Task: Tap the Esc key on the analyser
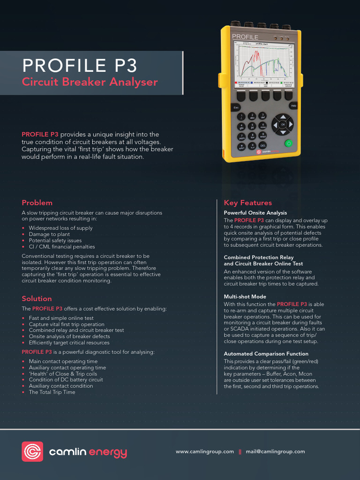click(236, 107)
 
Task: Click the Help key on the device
click(293, 106)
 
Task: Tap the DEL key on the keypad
click(262, 145)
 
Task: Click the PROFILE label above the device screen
click(245, 37)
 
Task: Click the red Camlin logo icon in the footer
click(32, 452)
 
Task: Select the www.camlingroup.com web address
click(204, 452)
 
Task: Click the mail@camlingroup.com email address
click(275, 452)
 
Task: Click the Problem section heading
click(37, 203)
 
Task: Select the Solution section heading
click(37, 299)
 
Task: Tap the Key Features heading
click(247, 203)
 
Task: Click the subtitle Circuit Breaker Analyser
click(90, 82)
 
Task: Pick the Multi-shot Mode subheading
click(245, 297)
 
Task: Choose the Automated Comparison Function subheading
click(266, 354)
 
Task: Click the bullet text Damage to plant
click(49, 234)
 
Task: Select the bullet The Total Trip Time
click(52, 392)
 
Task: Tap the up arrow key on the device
click(283, 117)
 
